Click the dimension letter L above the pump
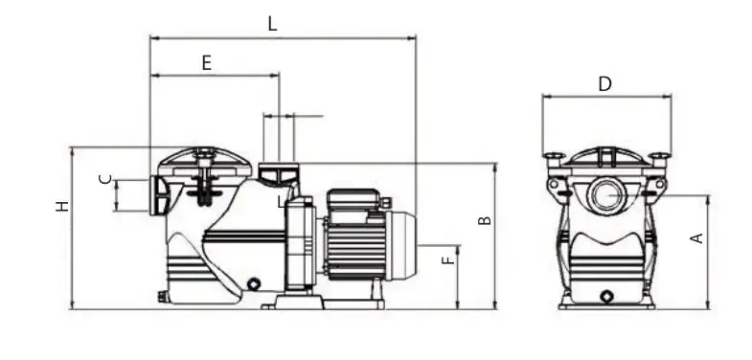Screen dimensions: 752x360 (x=272, y=24)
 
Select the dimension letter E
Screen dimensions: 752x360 (x=207, y=63)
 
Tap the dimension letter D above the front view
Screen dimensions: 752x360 (x=605, y=84)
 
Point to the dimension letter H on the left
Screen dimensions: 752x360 (x=62, y=206)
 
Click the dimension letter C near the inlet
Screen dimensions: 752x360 (x=105, y=179)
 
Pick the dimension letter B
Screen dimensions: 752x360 (x=485, y=220)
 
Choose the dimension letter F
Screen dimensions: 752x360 (x=447, y=259)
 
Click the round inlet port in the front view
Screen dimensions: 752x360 (x=608, y=194)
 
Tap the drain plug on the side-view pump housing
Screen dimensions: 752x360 (x=253, y=284)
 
